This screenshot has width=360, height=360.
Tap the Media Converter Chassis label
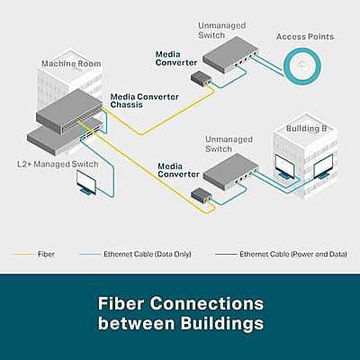[x=138, y=100]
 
